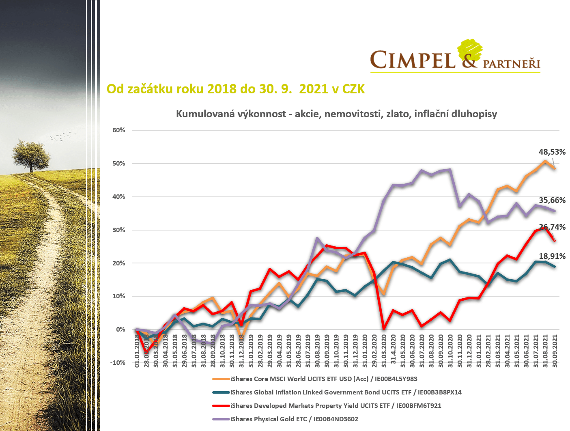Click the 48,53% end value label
pyautogui.click(x=552, y=152)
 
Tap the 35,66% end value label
pyautogui.click(x=552, y=200)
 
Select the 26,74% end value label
pyautogui.click(x=552, y=227)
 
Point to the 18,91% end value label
pyautogui.click(x=552, y=256)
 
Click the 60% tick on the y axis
pyautogui.click(x=119, y=130)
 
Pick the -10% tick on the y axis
pyautogui.click(x=118, y=362)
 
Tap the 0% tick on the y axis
pyautogui.click(x=120, y=329)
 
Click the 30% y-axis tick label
pyautogui.click(x=119, y=230)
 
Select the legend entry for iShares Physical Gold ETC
pyautogui.click(x=294, y=419)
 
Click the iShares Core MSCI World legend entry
pyautogui.click(x=324, y=379)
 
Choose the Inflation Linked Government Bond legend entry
pyautogui.click(x=346, y=392)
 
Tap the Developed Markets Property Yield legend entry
pyautogui.click(x=336, y=405)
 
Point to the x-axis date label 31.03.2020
pyautogui.click(x=384, y=351)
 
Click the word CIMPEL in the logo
pyautogui.click(x=413, y=60)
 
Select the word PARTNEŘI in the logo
pyautogui.click(x=511, y=64)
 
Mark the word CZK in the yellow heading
pyautogui.click(x=353, y=89)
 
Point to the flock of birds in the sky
pyautogui.click(x=63, y=136)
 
